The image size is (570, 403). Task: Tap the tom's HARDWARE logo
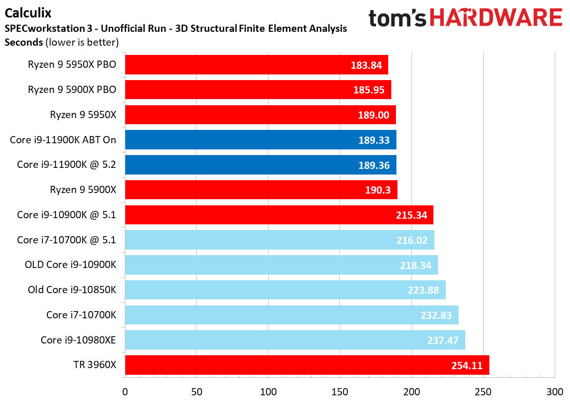coord(465,18)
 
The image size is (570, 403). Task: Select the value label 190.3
coord(377,190)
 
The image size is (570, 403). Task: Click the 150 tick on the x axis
coord(340,392)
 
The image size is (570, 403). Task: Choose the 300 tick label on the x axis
coord(555,392)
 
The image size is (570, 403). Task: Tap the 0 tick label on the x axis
coord(125,392)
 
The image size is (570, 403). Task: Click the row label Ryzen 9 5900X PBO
coord(72,90)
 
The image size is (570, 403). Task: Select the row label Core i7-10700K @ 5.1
coord(67,240)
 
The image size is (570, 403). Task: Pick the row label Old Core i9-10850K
coord(72,290)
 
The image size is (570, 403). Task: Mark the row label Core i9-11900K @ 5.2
coord(67,165)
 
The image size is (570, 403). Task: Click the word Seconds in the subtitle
coord(24,42)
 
